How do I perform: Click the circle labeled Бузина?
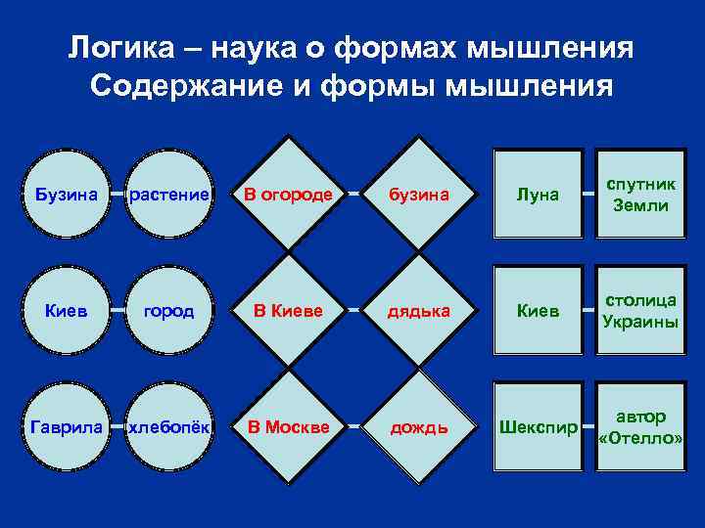click(66, 195)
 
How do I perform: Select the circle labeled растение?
click(169, 195)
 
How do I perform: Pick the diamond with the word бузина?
click(419, 195)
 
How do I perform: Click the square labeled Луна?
click(539, 194)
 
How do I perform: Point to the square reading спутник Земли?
click(641, 194)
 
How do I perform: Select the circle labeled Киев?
click(66, 311)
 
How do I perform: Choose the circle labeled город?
click(169, 311)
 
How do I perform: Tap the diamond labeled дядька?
click(419, 311)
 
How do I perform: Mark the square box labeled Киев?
click(539, 311)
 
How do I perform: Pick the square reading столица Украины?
click(641, 311)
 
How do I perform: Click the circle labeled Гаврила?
click(66, 427)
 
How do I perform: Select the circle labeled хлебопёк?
click(169, 427)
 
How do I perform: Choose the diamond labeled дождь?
click(419, 427)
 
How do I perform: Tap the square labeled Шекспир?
click(539, 427)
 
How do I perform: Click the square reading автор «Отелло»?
click(641, 427)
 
